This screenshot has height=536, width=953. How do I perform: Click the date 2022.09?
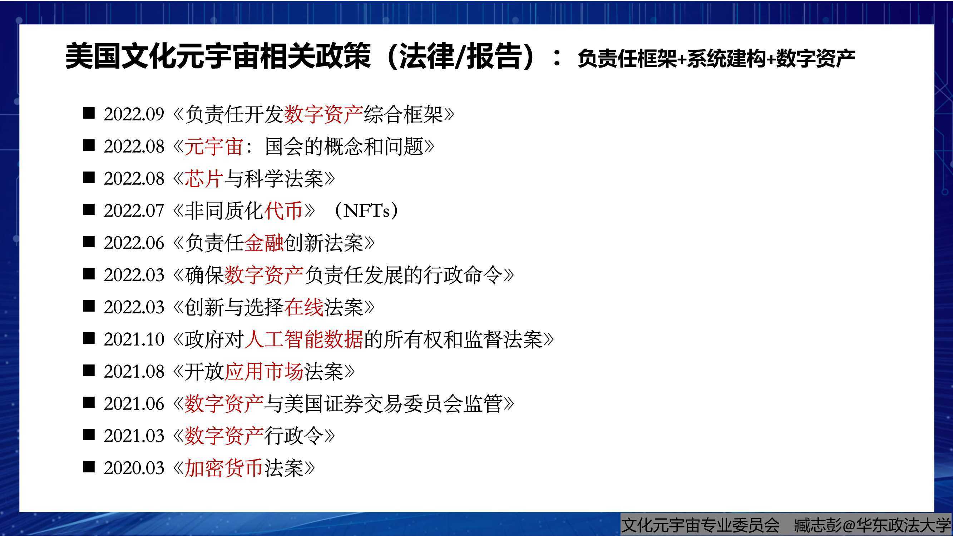click(x=134, y=114)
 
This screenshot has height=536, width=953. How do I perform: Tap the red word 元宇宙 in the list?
click(x=213, y=147)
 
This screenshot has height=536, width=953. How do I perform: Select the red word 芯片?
click(x=204, y=179)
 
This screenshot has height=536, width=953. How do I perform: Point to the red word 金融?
click(x=264, y=243)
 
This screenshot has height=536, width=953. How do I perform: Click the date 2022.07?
click(x=134, y=211)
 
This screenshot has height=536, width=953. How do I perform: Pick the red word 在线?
click(x=304, y=307)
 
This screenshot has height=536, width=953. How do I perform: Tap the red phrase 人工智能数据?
click(x=303, y=339)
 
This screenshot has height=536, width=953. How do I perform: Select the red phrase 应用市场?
click(x=264, y=371)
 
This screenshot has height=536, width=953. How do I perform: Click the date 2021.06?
click(x=134, y=403)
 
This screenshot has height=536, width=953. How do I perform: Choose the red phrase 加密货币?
click(x=223, y=468)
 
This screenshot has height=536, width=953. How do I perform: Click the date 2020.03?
click(x=134, y=468)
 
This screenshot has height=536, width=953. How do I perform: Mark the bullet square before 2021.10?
click(x=89, y=338)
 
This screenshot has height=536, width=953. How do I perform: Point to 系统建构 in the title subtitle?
click(x=726, y=59)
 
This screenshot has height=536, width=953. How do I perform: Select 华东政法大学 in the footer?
click(x=904, y=525)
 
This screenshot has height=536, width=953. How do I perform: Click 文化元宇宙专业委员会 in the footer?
click(x=700, y=525)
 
